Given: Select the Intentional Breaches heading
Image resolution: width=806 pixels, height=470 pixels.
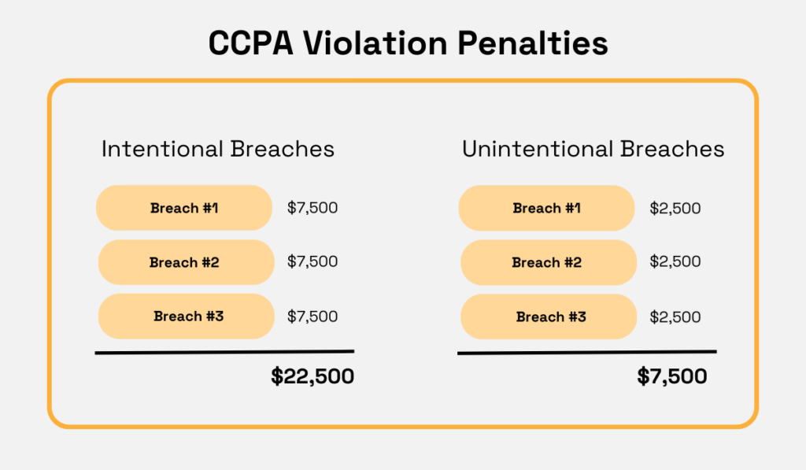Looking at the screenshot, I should tap(218, 149).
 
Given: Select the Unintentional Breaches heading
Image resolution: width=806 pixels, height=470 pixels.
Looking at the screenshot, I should tap(593, 149).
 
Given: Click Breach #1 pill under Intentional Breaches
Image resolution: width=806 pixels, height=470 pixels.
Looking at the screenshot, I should tap(184, 209).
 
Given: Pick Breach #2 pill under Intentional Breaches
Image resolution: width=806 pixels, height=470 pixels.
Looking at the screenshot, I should tap(186, 262).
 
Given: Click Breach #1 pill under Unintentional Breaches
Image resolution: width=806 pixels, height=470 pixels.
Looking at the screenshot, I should tap(546, 209).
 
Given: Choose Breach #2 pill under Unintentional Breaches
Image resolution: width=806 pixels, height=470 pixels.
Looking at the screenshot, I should tap(548, 262).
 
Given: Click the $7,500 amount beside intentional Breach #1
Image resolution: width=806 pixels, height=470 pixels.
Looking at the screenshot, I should tap(312, 209).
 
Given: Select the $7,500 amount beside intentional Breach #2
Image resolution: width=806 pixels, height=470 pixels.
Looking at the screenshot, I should tap(312, 262).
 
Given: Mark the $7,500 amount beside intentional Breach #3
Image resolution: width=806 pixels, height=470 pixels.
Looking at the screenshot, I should tap(312, 316).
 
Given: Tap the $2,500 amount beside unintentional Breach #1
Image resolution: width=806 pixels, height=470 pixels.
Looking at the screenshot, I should tap(675, 209).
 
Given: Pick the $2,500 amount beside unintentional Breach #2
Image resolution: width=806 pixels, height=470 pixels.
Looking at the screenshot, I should tap(675, 262).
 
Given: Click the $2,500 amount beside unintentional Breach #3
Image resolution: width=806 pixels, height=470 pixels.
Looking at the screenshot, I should tap(675, 316).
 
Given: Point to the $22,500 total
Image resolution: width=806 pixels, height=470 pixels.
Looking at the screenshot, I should tap(312, 377).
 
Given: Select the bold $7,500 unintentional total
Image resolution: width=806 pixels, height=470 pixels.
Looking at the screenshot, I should tap(672, 377).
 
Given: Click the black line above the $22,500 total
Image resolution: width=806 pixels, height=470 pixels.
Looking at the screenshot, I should tap(224, 352).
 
